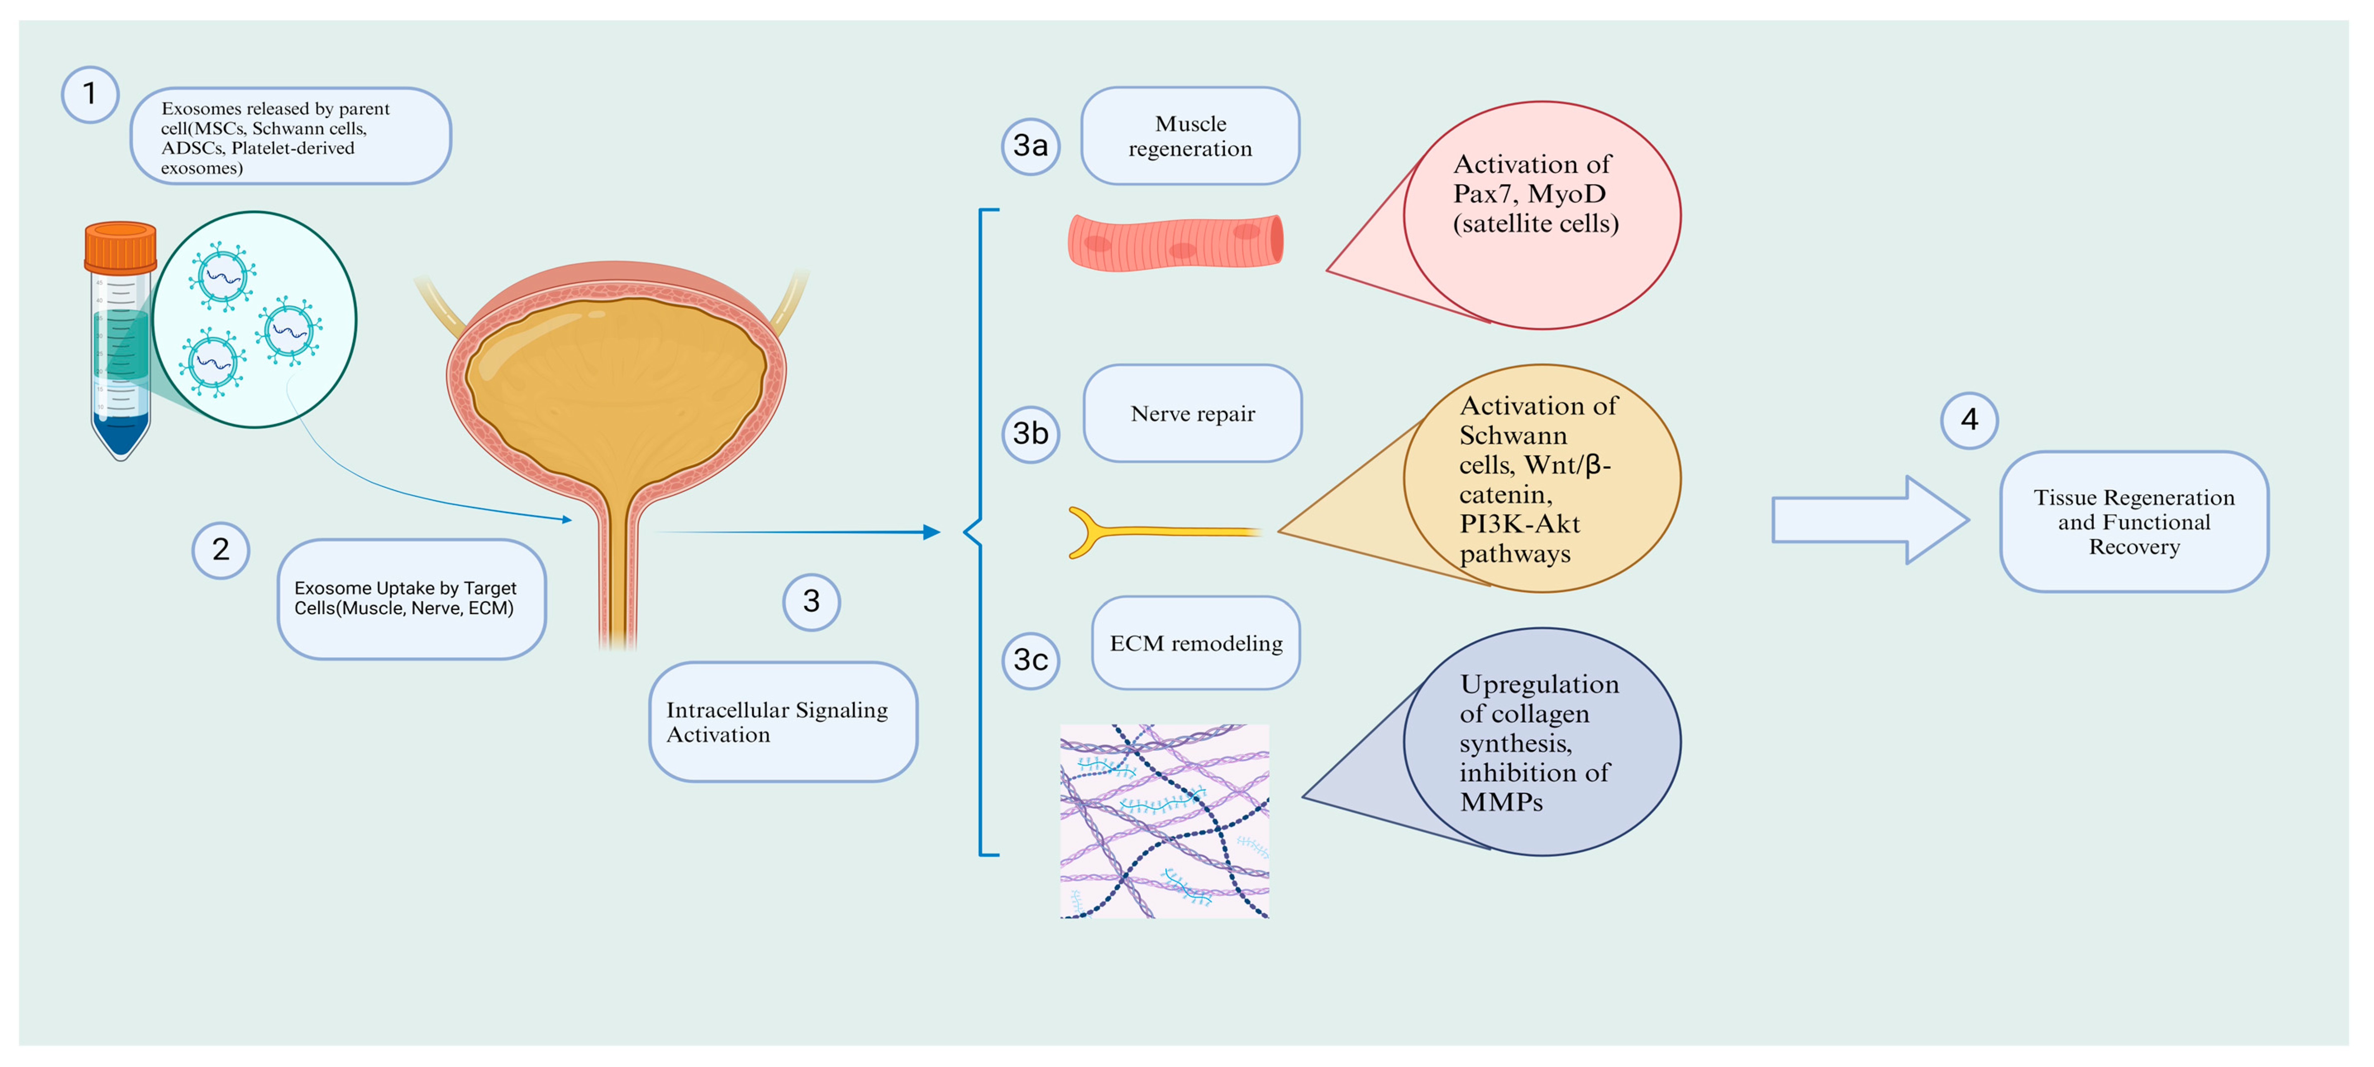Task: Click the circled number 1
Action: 89,94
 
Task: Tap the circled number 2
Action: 220,550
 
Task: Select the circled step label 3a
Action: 1030,145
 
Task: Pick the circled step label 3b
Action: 1030,433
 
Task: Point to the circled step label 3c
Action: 1030,660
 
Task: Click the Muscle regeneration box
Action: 1190,136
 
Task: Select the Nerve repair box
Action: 1192,414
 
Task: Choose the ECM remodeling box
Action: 1195,643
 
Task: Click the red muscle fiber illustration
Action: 1175,242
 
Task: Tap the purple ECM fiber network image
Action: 1164,820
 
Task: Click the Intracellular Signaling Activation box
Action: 782,722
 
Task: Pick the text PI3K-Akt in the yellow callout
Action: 1520,524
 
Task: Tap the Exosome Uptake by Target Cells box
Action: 411,599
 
